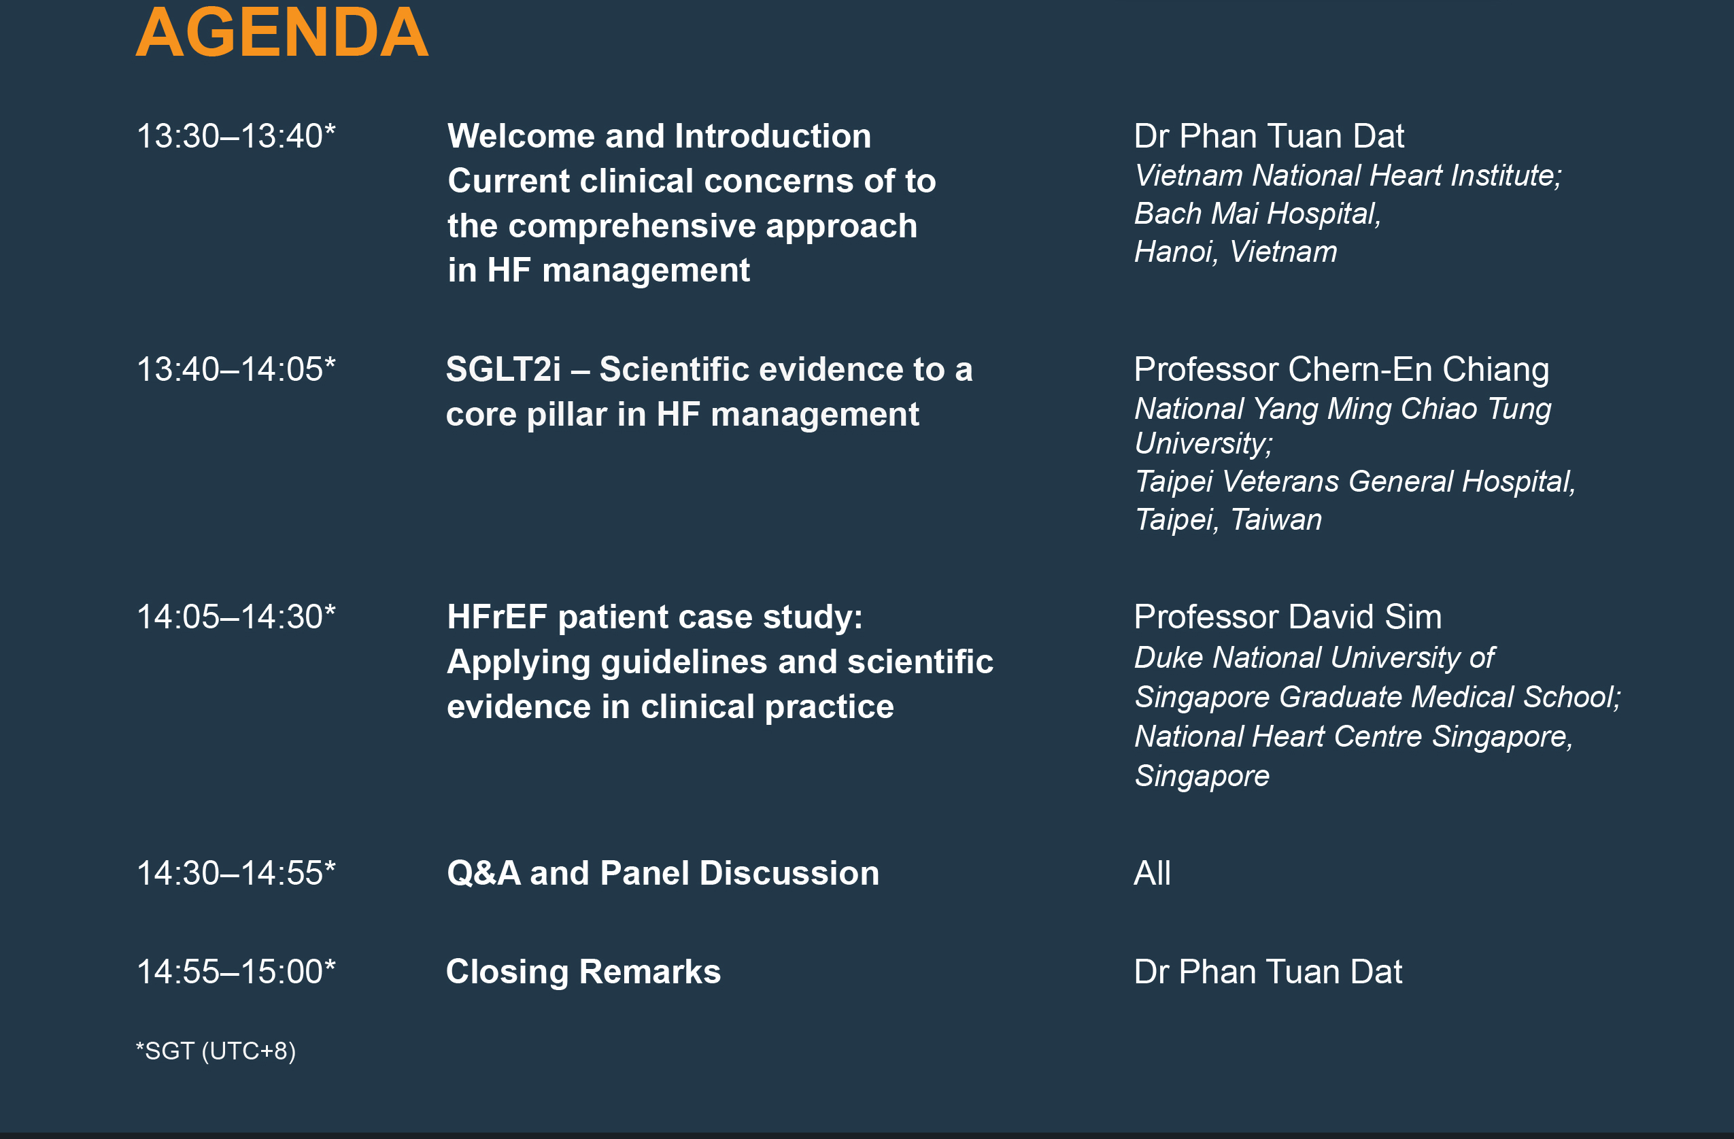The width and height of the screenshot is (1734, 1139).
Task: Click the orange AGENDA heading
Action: point(282,32)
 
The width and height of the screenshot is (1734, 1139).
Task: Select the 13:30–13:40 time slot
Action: point(236,136)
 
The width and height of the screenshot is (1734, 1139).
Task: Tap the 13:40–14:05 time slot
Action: point(236,369)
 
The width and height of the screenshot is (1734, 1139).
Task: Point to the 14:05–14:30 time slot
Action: point(236,617)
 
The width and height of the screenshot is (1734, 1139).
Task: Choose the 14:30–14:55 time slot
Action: point(236,873)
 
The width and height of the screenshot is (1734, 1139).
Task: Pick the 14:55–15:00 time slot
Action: point(236,972)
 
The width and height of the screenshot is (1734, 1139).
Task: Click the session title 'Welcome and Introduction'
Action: point(660,136)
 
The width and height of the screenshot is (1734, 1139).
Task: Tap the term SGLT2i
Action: point(503,369)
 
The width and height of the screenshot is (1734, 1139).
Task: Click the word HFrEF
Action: point(497,617)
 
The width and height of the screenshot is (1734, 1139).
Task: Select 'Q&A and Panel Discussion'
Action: point(663,873)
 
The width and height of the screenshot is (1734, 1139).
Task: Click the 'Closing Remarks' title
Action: point(583,972)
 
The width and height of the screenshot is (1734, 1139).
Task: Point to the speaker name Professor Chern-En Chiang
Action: point(1341,369)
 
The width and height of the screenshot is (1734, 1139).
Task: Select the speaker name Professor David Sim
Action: point(1288,617)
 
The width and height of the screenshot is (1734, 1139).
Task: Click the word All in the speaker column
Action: point(1153,873)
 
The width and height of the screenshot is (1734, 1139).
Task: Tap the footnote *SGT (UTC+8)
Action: point(216,1051)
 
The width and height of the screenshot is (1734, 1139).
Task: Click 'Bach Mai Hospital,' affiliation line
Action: point(1257,214)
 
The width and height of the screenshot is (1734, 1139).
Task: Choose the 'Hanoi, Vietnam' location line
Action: point(1236,252)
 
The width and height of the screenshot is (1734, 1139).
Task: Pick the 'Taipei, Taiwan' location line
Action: point(1228,520)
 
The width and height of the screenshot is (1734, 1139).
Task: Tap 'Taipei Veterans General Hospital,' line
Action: point(1355,481)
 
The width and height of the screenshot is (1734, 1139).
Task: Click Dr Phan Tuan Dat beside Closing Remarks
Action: point(1268,972)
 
